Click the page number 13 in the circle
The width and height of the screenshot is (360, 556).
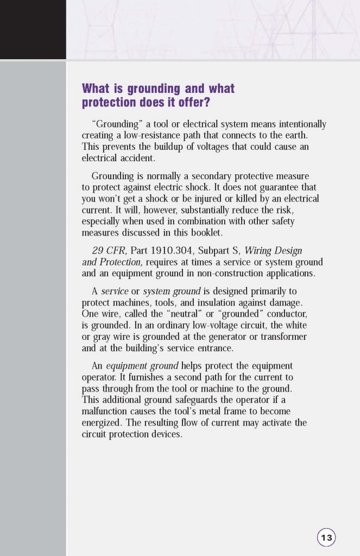(x=326, y=538)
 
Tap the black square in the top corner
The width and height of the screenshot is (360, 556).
(x=33, y=29)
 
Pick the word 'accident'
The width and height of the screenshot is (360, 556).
(x=138, y=158)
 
